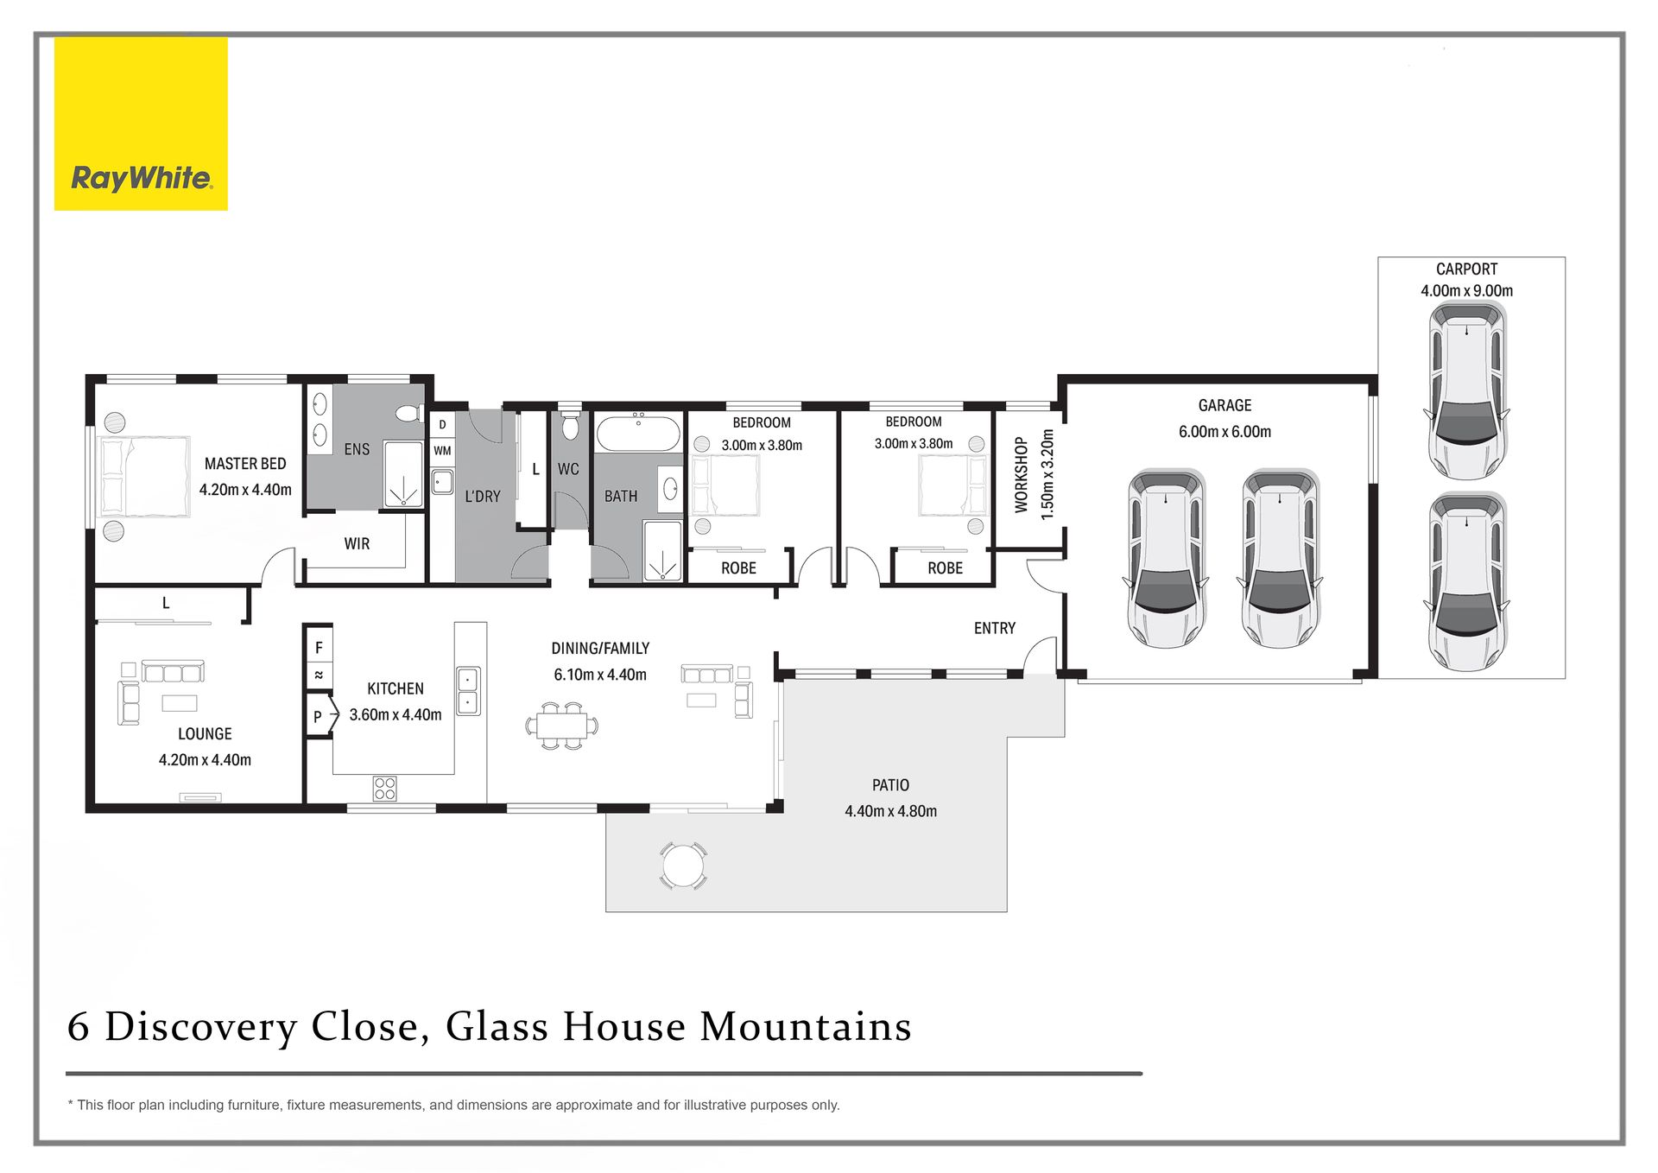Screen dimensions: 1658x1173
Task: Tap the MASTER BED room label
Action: (x=245, y=464)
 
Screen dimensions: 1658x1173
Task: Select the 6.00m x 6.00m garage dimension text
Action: (x=1225, y=432)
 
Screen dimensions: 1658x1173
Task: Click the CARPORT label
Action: (x=1466, y=269)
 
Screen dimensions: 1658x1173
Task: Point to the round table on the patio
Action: (x=683, y=865)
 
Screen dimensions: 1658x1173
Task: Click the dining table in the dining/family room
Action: (x=562, y=725)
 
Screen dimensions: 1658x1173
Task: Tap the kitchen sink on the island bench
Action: (x=468, y=690)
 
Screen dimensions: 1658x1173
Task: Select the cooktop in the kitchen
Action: (x=385, y=789)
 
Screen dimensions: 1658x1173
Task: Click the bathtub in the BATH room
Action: (x=638, y=434)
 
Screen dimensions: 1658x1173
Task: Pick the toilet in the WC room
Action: (x=570, y=424)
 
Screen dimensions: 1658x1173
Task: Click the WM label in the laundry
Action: (x=442, y=451)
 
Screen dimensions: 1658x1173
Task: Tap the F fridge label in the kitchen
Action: (x=319, y=647)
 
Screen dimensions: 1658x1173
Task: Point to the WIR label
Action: (x=357, y=544)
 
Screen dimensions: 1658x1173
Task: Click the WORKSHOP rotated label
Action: (x=1022, y=475)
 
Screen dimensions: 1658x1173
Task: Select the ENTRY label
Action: (x=995, y=629)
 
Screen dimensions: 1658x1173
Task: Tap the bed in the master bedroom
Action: (x=145, y=477)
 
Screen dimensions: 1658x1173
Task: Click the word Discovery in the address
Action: (x=201, y=1028)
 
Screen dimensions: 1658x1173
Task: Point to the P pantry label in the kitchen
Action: (x=318, y=716)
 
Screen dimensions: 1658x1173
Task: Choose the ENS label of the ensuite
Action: (x=357, y=449)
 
